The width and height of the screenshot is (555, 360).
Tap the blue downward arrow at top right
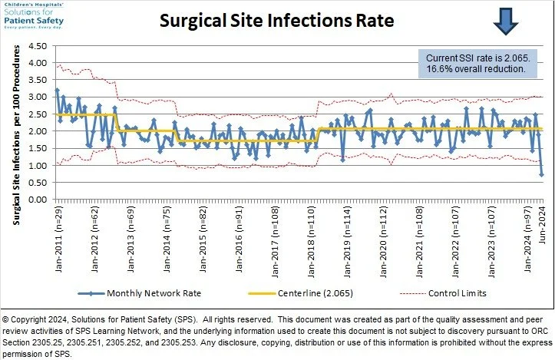507,21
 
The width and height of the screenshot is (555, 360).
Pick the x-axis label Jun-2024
543,225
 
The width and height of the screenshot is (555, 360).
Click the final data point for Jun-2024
542,174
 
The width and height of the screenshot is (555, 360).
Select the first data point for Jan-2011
57,91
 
